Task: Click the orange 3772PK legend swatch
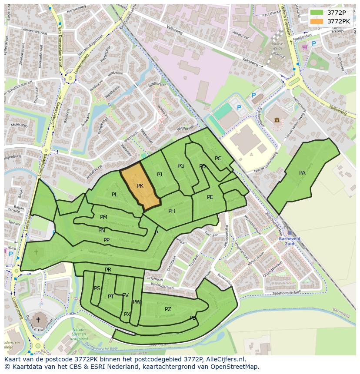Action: coord(317,21)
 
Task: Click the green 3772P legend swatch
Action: coord(317,13)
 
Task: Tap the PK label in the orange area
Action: coord(140,186)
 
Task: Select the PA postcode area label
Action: coord(302,173)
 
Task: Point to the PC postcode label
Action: coord(218,159)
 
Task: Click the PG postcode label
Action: coord(181,166)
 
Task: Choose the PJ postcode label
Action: coord(160,175)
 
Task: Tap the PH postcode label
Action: coord(172,211)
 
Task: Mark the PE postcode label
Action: coord(210,197)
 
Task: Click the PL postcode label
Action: coord(114,195)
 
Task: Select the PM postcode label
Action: coord(103,217)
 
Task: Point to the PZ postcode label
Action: coord(168,309)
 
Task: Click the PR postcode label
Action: coord(108,270)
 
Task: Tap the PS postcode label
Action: coord(97,288)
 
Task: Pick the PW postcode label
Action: coord(137,302)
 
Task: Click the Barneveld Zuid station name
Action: coord(290,241)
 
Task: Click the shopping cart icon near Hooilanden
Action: coord(305,47)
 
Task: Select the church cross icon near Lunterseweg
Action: coord(38,320)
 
